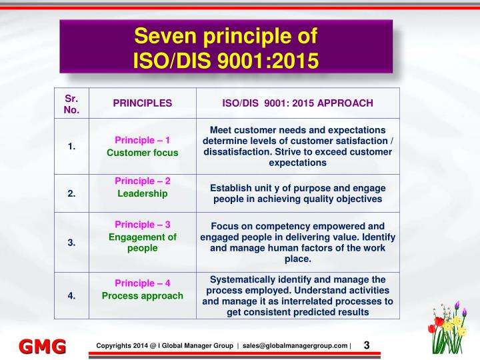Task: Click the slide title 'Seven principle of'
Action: [x=226, y=35]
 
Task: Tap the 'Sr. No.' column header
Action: [x=71, y=103]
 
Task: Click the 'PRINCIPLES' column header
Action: [x=142, y=103]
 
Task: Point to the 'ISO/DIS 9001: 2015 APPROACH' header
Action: [x=297, y=103]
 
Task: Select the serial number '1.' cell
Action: [x=71, y=146]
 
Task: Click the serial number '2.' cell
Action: [x=71, y=193]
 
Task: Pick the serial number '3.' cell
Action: [x=71, y=243]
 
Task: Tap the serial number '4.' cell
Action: [x=71, y=295]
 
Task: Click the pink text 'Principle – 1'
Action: [x=143, y=140]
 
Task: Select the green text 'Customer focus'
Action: [x=143, y=153]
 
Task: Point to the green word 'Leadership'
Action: [x=143, y=193]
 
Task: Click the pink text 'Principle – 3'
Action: [x=143, y=225]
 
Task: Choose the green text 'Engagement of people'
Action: [x=143, y=243]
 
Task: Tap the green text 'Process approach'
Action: [x=143, y=295]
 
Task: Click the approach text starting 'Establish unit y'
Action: [x=297, y=193]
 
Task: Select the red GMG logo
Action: [x=41, y=346]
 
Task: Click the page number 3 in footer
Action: [x=367, y=345]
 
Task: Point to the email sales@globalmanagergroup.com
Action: [x=295, y=345]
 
